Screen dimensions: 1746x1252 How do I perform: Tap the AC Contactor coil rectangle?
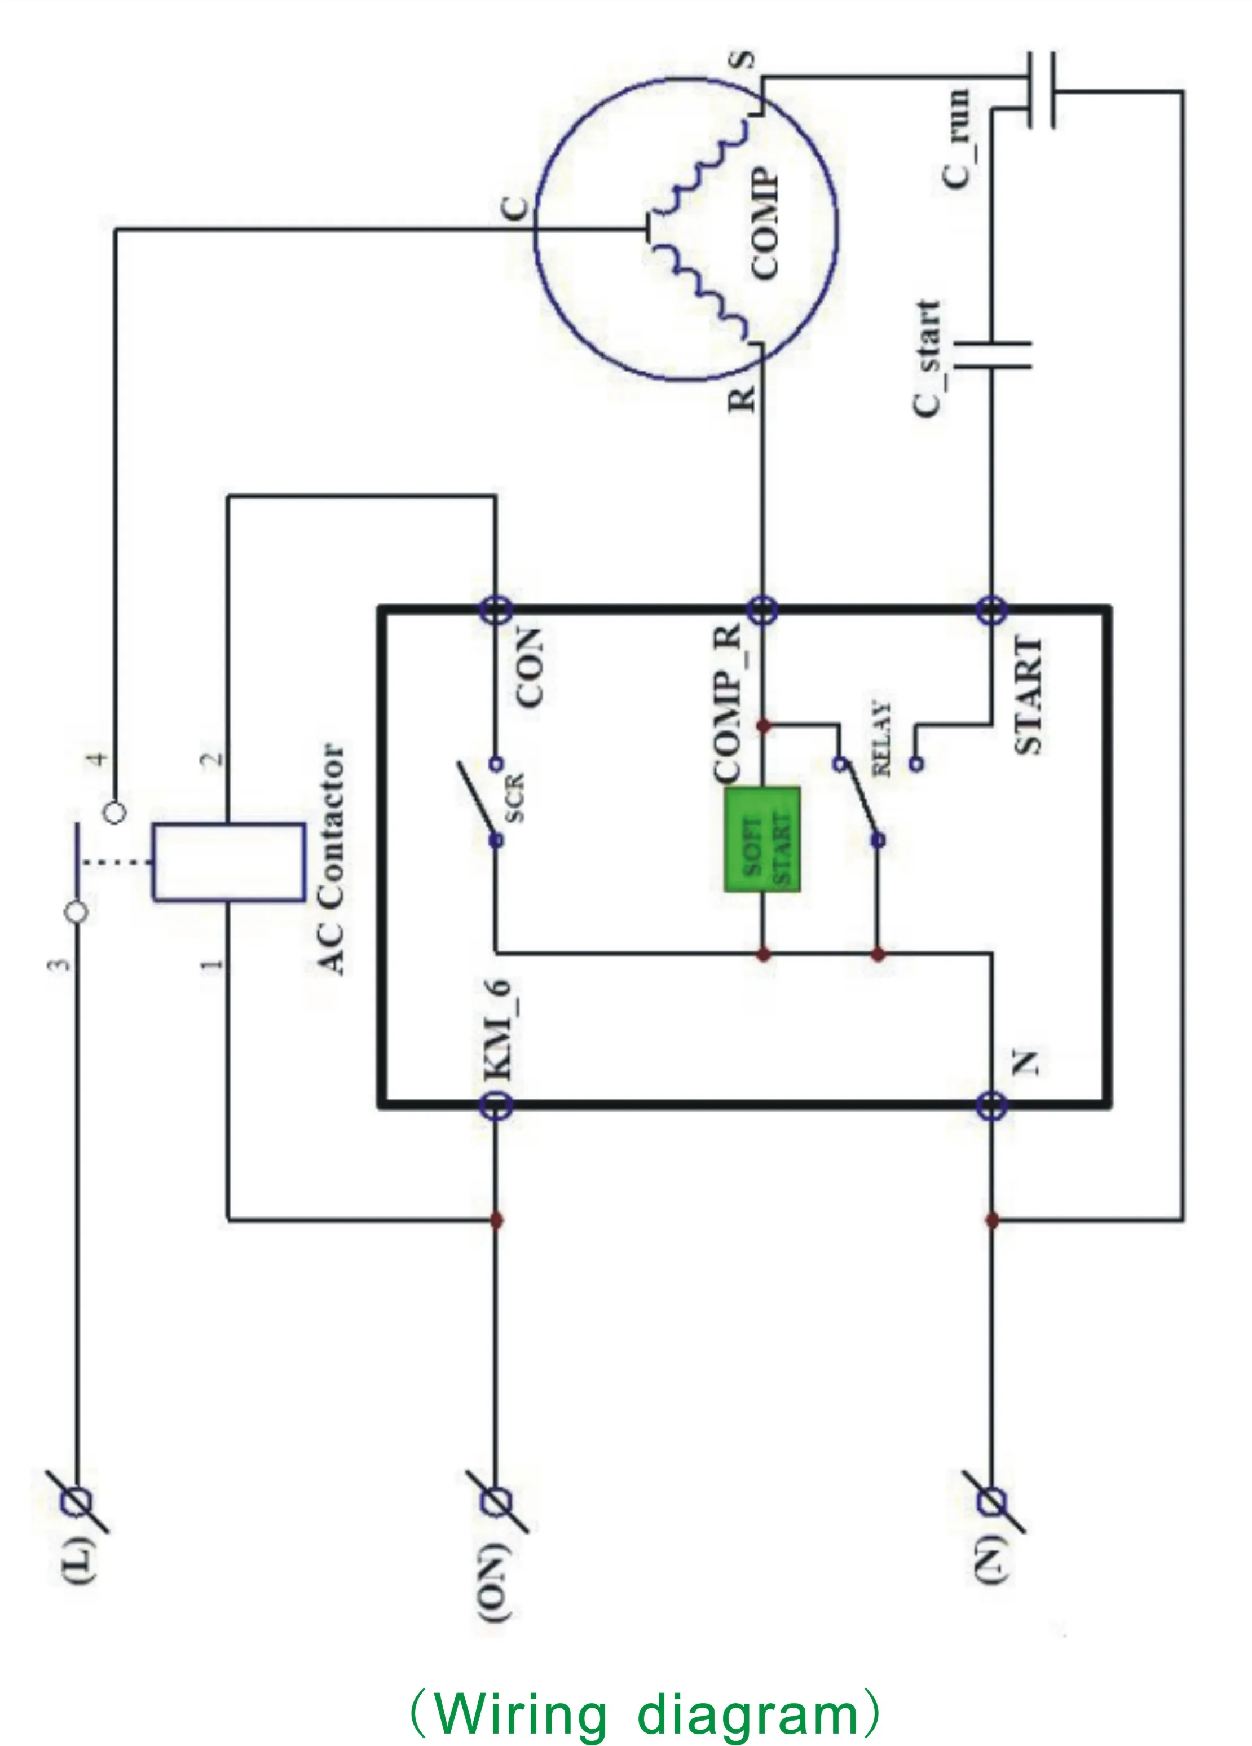tap(228, 862)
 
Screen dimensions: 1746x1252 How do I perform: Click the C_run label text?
tap(957, 139)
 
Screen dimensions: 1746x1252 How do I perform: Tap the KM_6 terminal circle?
tap(495, 1106)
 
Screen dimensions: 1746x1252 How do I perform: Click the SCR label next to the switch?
tap(514, 799)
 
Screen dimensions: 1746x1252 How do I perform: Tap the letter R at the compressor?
tap(742, 399)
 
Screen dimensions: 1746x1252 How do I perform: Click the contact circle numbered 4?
tap(114, 812)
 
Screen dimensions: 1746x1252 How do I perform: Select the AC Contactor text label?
tap(331, 858)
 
